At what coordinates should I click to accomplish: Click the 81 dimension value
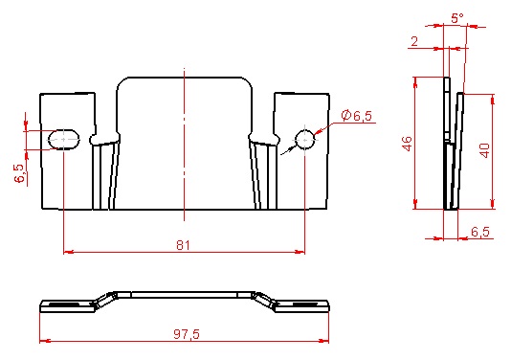pyautogui.click(x=183, y=245)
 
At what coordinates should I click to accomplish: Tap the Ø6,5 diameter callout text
pyautogui.click(x=357, y=116)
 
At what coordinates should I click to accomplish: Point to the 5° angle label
pyautogui.click(x=457, y=18)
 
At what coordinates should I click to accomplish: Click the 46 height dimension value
pyautogui.click(x=408, y=144)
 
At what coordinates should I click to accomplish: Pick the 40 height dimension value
pyautogui.click(x=485, y=150)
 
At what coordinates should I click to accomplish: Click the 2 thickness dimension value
pyautogui.click(x=414, y=41)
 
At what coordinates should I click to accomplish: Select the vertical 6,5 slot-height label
pyautogui.click(x=19, y=173)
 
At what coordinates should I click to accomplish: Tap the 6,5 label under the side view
pyautogui.click(x=480, y=232)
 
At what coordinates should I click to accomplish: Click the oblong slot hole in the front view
pyautogui.click(x=64, y=139)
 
